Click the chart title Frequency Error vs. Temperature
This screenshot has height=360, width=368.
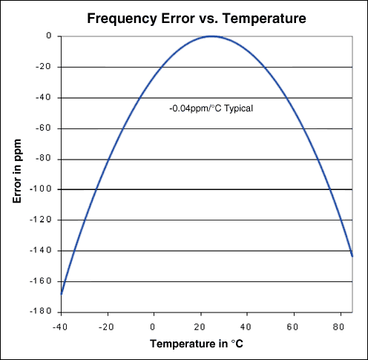pyautogui.click(x=195, y=16)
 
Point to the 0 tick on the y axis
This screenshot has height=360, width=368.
pyautogui.click(x=48, y=36)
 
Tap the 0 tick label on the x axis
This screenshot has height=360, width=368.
pyautogui.click(x=154, y=324)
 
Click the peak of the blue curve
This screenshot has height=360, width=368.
pyautogui.click(x=212, y=36)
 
